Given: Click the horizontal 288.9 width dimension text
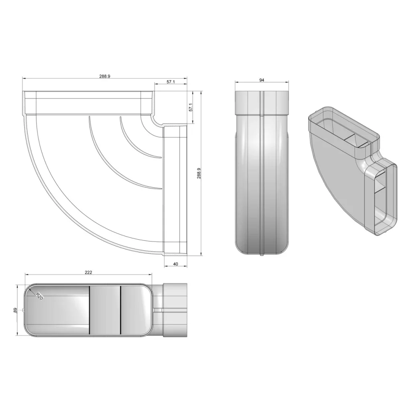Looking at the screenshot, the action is (x=105, y=76).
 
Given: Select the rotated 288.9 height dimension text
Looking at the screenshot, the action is (x=199, y=173).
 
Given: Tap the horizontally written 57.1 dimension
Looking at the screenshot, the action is (x=171, y=82).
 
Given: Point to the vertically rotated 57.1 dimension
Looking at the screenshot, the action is (x=191, y=107).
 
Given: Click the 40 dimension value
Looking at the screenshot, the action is (x=176, y=264).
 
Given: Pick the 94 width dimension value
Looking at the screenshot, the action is (x=262, y=80).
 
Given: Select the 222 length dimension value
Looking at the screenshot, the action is (x=88, y=273).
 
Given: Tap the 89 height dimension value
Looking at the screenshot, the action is (x=15, y=310).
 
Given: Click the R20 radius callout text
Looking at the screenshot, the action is (x=39, y=296).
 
